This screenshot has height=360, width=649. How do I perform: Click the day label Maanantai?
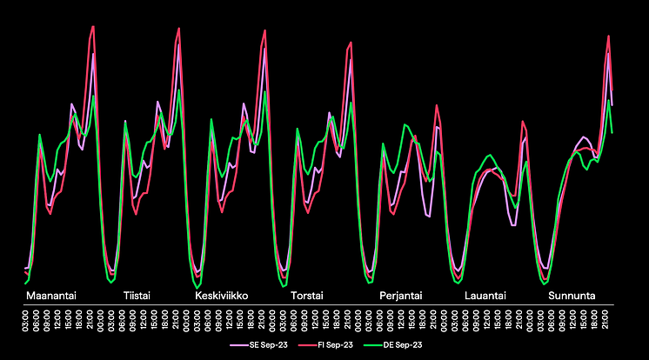pyautogui.click(x=51, y=296)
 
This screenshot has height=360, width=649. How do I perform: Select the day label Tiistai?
pyautogui.click(x=137, y=296)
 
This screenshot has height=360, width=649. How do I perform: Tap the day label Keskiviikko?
pyautogui.click(x=222, y=296)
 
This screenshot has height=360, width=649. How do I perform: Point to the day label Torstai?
pyautogui.click(x=307, y=296)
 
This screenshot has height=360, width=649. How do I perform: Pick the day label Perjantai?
pyautogui.click(x=401, y=296)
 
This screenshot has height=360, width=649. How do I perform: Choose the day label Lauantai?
pyautogui.click(x=485, y=296)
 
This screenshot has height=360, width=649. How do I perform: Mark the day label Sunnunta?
pyautogui.click(x=572, y=296)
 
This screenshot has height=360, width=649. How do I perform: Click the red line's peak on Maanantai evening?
pyautogui.click(x=93, y=26)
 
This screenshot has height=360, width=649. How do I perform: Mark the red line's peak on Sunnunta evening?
pyautogui.click(x=609, y=36)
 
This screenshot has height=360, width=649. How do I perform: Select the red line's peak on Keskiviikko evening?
pyautogui.click(x=264, y=30)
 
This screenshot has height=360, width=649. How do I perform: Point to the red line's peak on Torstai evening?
pyautogui.click(x=351, y=42)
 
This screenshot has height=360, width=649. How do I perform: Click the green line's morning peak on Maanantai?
pyautogui.click(x=40, y=135)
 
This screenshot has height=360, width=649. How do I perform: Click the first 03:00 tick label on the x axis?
pyautogui.click(x=26, y=322)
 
